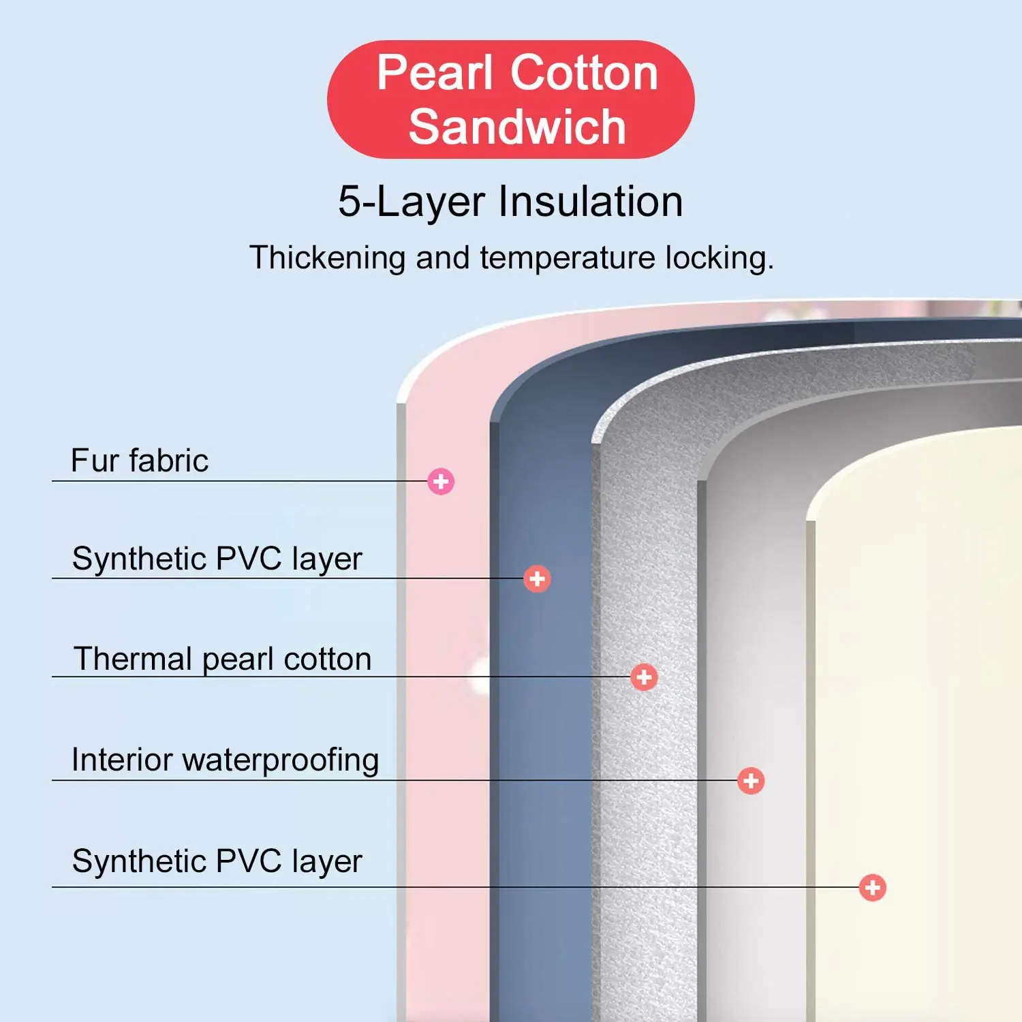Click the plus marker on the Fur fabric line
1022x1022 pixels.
click(x=441, y=482)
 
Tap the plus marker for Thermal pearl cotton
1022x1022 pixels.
click(x=644, y=677)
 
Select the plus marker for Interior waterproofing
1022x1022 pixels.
click(x=751, y=781)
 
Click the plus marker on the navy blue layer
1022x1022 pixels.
click(x=537, y=579)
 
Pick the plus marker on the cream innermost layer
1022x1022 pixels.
click(x=873, y=888)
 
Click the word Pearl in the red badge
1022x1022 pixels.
click(x=435, y=73)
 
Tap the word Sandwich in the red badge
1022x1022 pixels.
click(x=517, y=127)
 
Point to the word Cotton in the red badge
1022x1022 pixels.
click(x=584, y=73)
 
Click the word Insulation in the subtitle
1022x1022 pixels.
click(x=591, y=202)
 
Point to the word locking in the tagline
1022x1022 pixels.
click(x=718, y=258)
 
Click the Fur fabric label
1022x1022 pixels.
click(x=140, y=461)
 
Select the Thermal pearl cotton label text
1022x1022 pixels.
click(x=222, y=660)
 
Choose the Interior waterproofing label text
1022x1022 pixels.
click(x=225, y=760)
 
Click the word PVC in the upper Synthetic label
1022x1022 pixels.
click(x=249, y=559)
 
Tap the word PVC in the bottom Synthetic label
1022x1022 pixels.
click(x=249, y=861)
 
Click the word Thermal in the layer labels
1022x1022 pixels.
click(x=133, y=660)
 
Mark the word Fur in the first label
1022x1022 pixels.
click(x=95, y=461)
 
